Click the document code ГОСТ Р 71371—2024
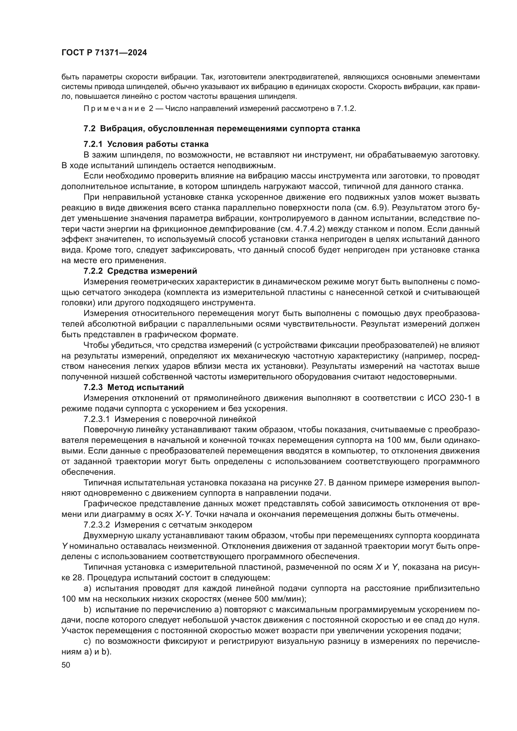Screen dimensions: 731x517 click(104, 53)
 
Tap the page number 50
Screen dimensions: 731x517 click(66, 665)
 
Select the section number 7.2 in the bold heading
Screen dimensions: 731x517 click(89, 129)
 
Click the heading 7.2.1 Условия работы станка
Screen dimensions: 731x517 click(146, 144)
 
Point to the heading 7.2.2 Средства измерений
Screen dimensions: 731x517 click(140, 271)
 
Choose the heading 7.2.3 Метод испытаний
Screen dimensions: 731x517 click(134, 388)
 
